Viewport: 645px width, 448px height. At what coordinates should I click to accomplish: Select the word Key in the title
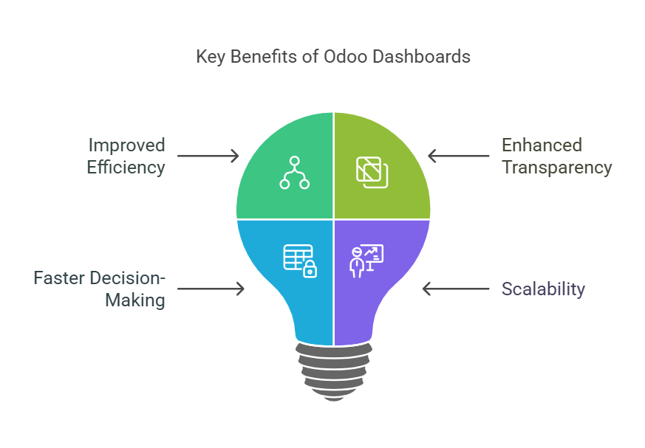[x=210, y=57]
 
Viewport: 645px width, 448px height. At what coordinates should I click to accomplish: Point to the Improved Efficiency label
[x=126, y=156]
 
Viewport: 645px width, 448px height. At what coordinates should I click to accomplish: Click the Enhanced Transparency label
[x=556, y=156]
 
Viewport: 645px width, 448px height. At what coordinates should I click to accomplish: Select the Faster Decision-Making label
[x=99, y=289]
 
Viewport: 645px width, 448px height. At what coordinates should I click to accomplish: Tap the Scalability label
[x=543, y=289]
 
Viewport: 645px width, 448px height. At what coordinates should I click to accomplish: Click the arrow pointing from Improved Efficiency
[x=208, y=156]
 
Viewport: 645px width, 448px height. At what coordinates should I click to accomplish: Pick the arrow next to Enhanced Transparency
[x=459, y=156]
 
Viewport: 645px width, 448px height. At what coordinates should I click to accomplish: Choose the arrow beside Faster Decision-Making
[x=211, y=289]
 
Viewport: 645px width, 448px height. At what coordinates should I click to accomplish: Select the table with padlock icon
[x=299, y=261]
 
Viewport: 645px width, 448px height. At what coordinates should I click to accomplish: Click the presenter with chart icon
[x=366, y=261]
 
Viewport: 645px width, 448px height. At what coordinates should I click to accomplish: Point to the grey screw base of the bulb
[x=333, y=371]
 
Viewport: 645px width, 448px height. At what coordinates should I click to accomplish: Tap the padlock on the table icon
[x=310, y=270]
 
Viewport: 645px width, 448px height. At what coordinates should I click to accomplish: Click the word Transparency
[x=556, y=168]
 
